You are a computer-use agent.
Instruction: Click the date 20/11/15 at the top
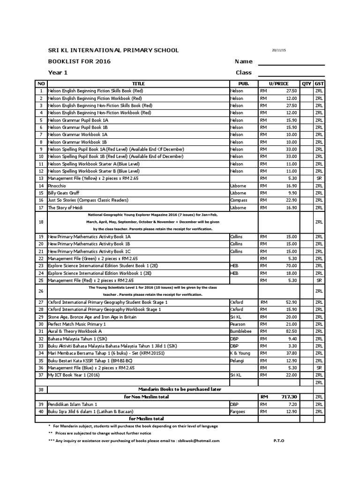(x=278, y=51)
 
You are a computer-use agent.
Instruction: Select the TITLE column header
(x=138, y=83)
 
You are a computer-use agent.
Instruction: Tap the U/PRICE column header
(x=278, y=83)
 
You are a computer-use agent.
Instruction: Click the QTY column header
(x=307, y=83)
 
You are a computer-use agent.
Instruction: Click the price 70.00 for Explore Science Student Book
(x=291, y=266)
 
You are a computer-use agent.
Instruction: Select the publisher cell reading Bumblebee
(x=241, y=331)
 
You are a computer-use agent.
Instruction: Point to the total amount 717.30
(x=288, y=397)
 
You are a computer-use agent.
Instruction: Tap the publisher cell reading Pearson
(x=238, y=324)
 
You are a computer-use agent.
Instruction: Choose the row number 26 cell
(x=41, y=291)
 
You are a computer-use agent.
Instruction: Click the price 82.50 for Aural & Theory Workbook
(x=291, y=331)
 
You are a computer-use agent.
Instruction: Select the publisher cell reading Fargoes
(x=239, y=411)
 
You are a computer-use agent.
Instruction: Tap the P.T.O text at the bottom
(x=278, y=441)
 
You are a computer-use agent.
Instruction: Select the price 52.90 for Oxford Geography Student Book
(x=291, y=302)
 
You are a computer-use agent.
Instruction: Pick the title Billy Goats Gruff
(x=64, y=193)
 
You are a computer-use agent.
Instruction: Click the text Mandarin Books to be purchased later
(x=180, y=389)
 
